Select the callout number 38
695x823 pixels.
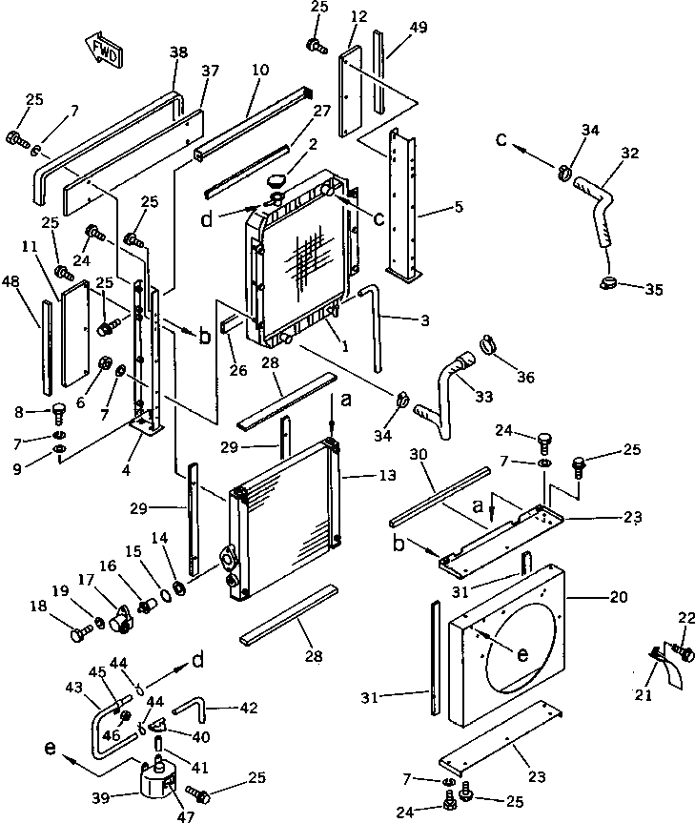click(x=178, y=54)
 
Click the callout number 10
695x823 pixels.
click(x=260, y=70)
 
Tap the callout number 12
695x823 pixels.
click(x=358, y=17)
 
